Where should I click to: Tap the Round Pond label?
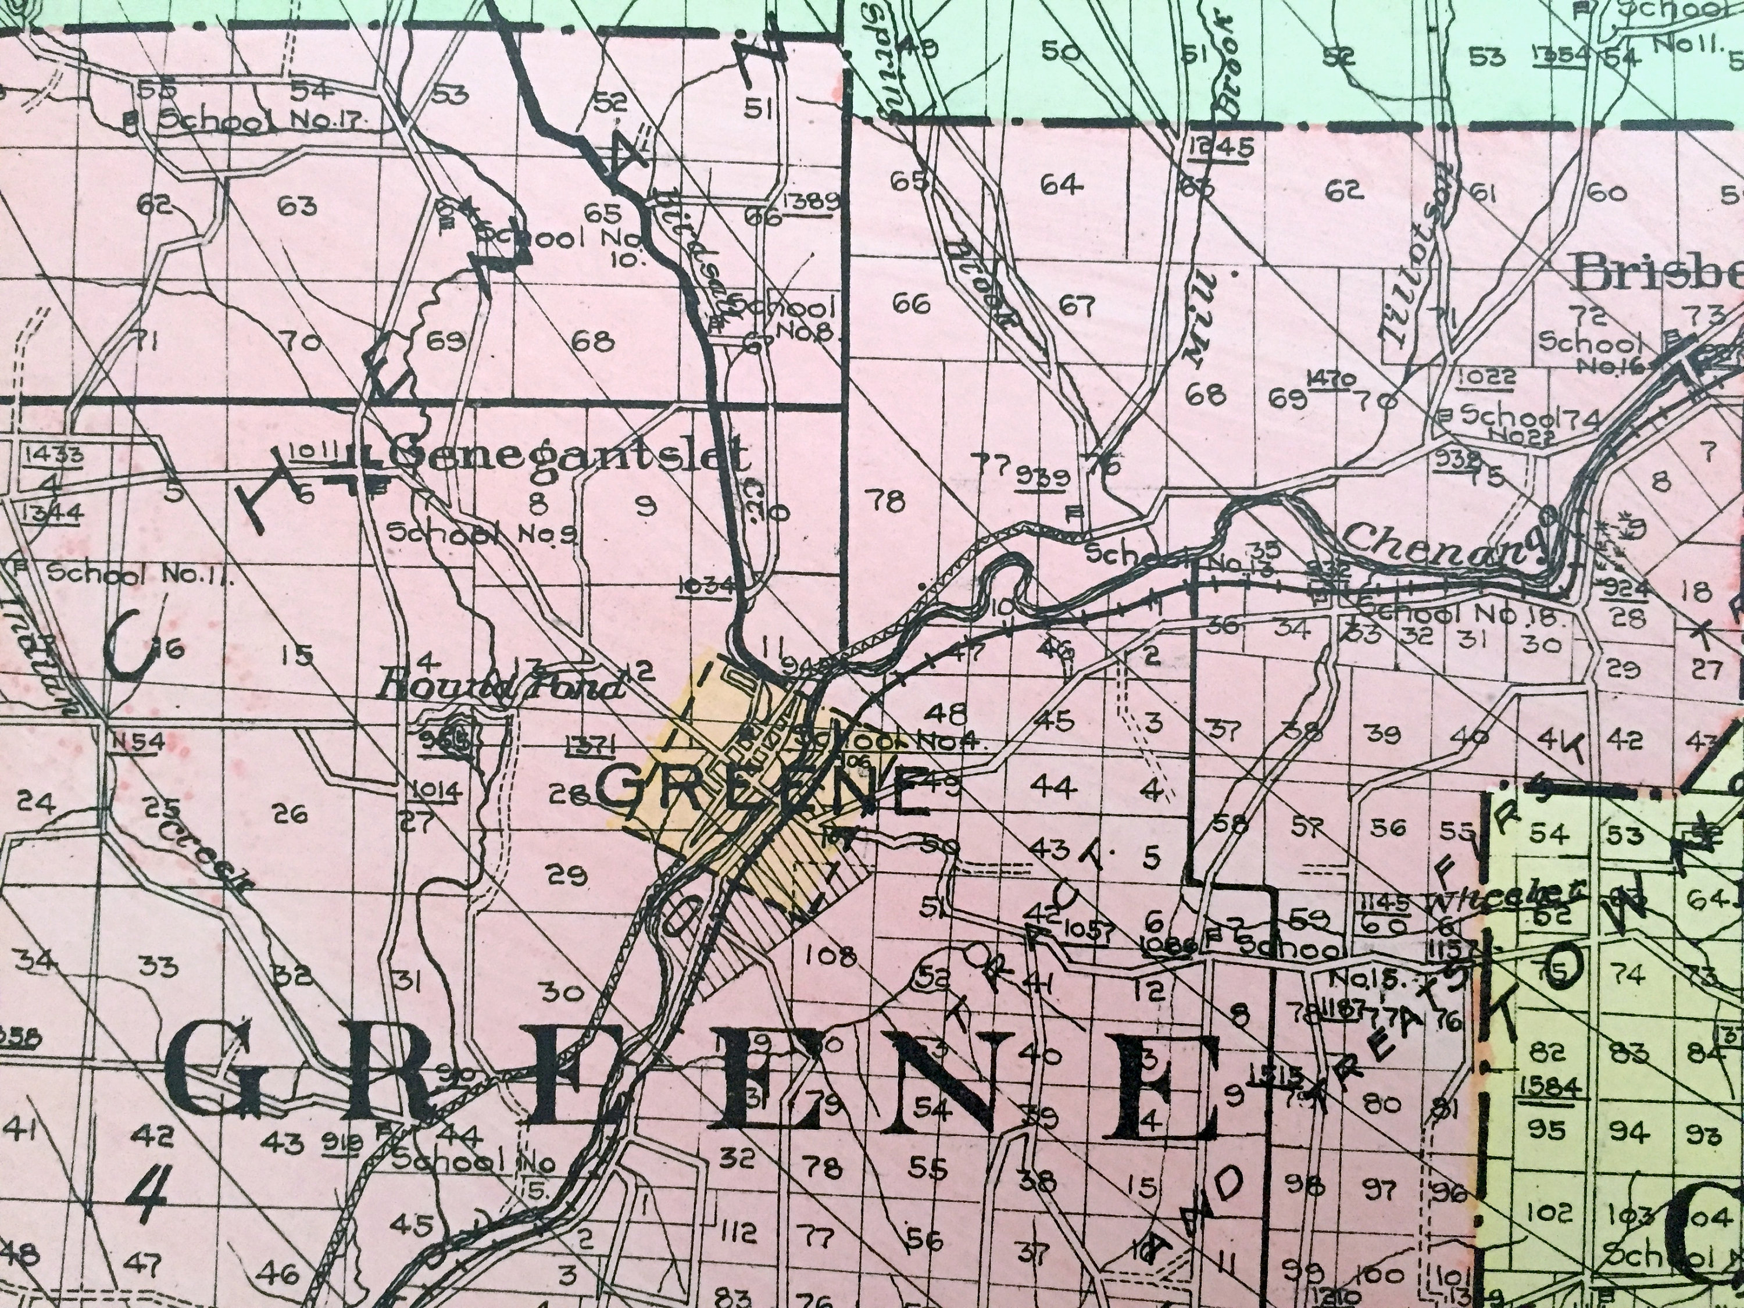(x=502, y=688)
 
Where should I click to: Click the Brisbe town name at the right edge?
(x=1656, y=274)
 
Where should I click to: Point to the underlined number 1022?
(x=1485, y=377)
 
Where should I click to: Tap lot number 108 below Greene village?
(x=830, y=957)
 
